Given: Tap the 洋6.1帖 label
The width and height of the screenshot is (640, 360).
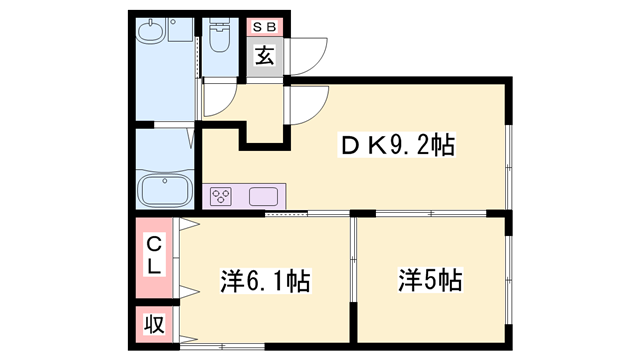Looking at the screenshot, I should pyautogui.click(x=264, y=281).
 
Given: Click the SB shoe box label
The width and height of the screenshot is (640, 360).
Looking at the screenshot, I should pyautogui.click(x=264, y=28).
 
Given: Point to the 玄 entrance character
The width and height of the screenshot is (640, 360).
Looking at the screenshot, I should pyautogui.click(x=264, y=56).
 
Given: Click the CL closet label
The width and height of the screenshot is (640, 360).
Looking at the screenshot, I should pyautogui.click(x=155, y=256).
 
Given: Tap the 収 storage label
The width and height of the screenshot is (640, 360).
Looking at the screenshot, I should pyautogui.click(x=155, y=324).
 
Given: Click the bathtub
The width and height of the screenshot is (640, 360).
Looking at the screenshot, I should pyautogui.click(x=167, y=189).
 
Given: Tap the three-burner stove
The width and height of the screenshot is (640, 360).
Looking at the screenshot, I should pyautogui.click(x=220, y=196).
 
